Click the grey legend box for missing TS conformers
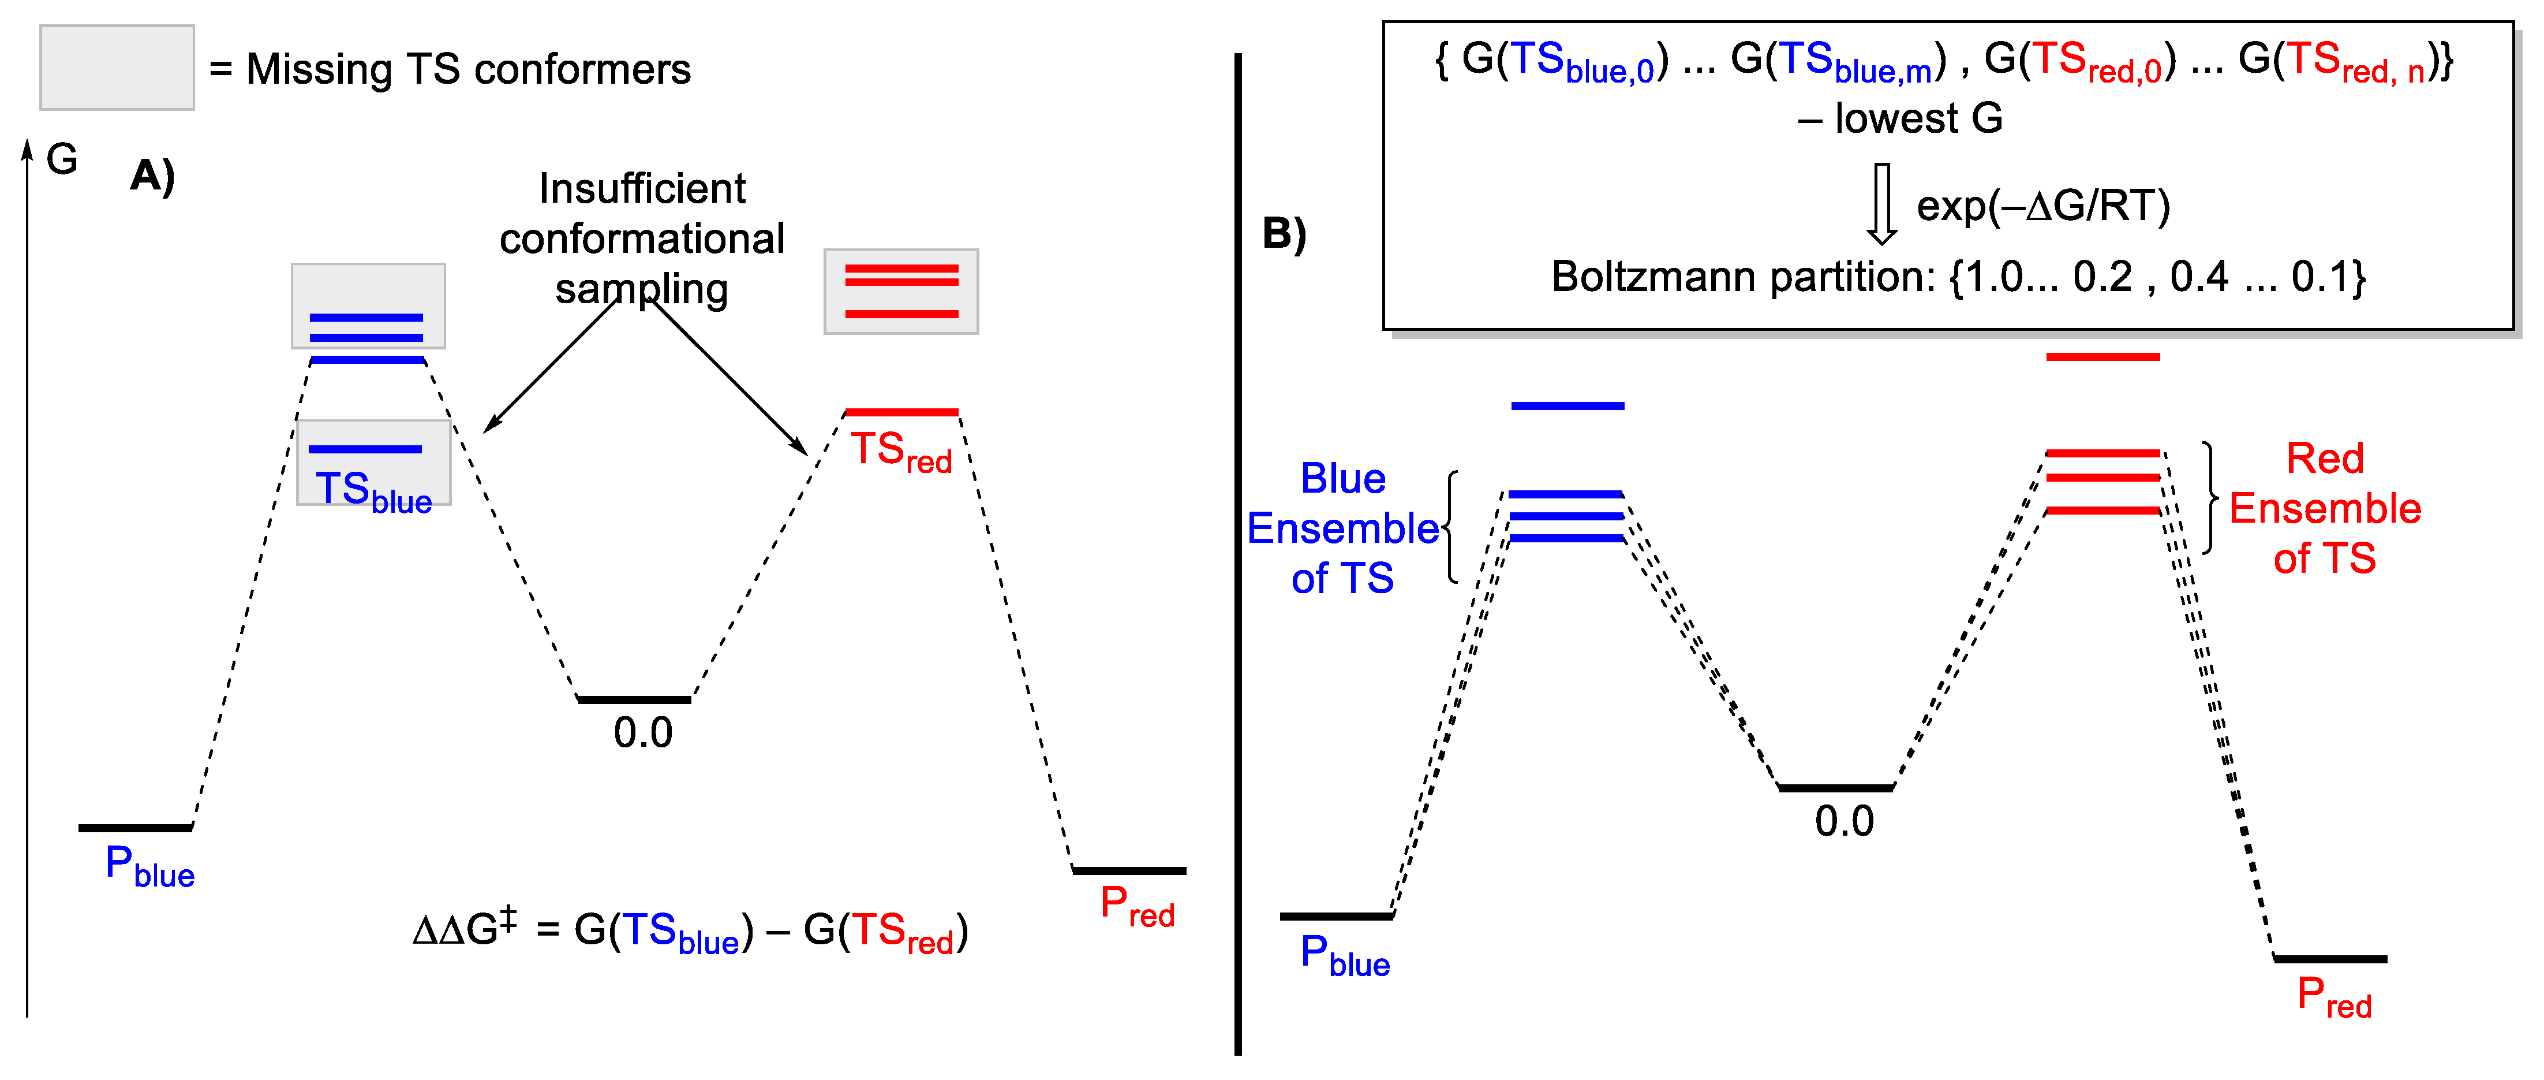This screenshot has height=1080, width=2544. tap(117, 67)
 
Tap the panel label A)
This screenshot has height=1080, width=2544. tap(152, 176)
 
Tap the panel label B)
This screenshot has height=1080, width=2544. tap(1284, 233)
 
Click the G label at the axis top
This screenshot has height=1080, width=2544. tap(62, 159)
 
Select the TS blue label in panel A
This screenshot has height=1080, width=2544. tap(372, 491)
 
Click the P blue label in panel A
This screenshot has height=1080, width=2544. tap(149, 866)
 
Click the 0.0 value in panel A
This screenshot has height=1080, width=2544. tap(643, 732)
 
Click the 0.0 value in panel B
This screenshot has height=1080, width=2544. tap(1844, 821)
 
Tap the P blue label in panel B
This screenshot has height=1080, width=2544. tap(1344, 955)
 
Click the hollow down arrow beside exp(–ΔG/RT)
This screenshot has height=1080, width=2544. tap(1881, 203)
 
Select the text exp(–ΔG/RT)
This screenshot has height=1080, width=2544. tap(2043, 206)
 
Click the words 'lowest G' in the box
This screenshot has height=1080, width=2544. tap(1918, 118)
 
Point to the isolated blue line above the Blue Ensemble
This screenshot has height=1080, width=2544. tap(1567, 405)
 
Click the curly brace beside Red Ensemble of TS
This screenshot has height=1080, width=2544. tap(2210, 497)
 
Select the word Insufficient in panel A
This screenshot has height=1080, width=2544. tap(642, 189)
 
